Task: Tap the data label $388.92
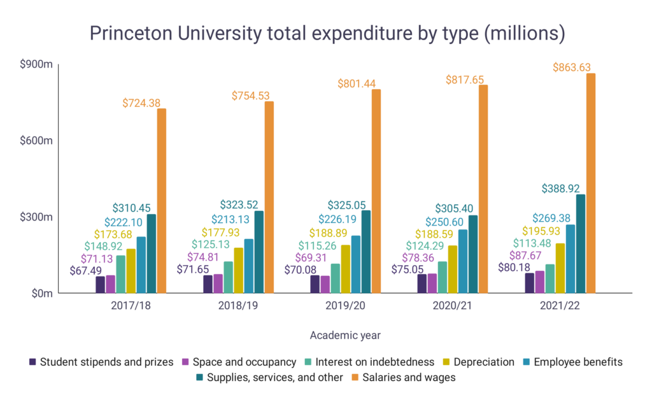coord(563,189)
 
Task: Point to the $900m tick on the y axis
coord(39,64)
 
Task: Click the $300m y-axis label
coord(39,217)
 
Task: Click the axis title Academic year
coord(346,335)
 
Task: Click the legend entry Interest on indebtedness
coord(380,362)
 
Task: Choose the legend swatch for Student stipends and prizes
coord(32,362)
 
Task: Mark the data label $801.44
coord(348,83)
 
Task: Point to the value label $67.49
coord(81,270)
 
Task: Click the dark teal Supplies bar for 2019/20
coord(365,252)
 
